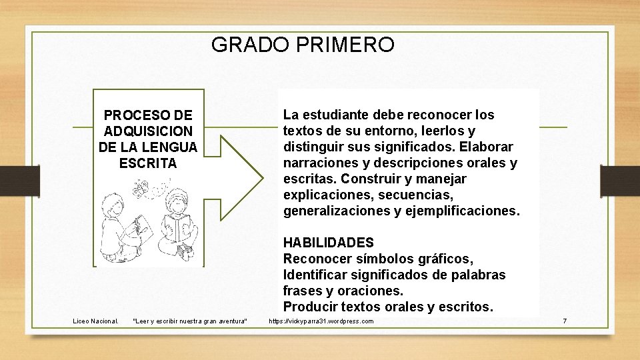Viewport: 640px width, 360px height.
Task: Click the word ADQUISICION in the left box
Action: pos(148,131)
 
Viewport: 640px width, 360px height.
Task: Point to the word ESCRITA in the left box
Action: pos(148,163)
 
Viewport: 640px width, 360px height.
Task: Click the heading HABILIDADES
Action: pos(329,243)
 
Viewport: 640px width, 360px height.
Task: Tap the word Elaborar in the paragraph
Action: pos(489,147)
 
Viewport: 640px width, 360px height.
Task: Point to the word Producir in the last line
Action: pos(310,307)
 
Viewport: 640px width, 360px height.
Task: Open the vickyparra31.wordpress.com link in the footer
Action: pos(321,321)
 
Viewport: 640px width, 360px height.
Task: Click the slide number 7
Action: pos(565,321)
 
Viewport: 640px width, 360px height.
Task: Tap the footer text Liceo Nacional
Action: pos(95,321)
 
